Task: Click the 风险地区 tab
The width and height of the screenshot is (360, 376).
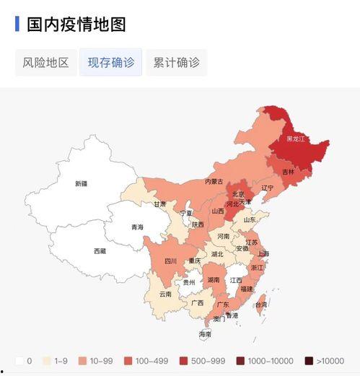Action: (45, 62)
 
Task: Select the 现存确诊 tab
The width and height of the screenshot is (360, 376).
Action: (111, 62)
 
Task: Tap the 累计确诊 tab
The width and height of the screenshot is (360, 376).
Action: (176, 62)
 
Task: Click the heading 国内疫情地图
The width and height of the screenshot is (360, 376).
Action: (76, 24)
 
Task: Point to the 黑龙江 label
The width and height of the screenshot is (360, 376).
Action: (296, 139)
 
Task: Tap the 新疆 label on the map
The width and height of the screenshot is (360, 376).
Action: (81, 183)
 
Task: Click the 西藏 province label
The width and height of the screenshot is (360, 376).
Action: (100, 251)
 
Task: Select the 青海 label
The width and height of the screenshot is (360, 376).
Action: (137, 227)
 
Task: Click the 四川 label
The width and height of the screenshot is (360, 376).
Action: (170, 261)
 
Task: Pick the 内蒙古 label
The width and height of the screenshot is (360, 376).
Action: (214, 181)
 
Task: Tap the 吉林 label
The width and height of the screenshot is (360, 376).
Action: (288, 172)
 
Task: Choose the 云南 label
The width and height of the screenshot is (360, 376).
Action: (165, 294)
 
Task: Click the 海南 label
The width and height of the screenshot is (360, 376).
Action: (206, 334)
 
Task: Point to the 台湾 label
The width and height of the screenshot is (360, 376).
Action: (260, 305)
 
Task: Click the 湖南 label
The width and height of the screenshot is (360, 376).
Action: (214, 279)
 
